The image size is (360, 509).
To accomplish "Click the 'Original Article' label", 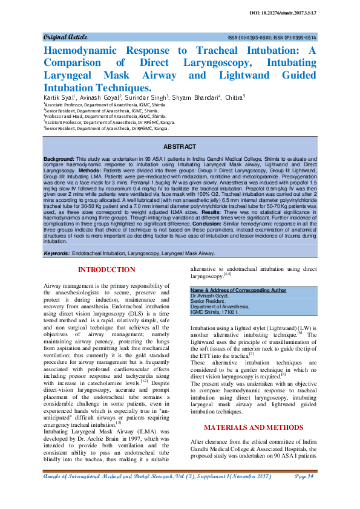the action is point(65,37).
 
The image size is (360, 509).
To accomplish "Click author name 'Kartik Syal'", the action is point(57,97).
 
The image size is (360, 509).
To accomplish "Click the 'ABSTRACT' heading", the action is point(180,147).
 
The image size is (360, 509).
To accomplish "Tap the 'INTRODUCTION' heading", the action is point(107,270).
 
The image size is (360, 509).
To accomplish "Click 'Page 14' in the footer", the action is point(305,477).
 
